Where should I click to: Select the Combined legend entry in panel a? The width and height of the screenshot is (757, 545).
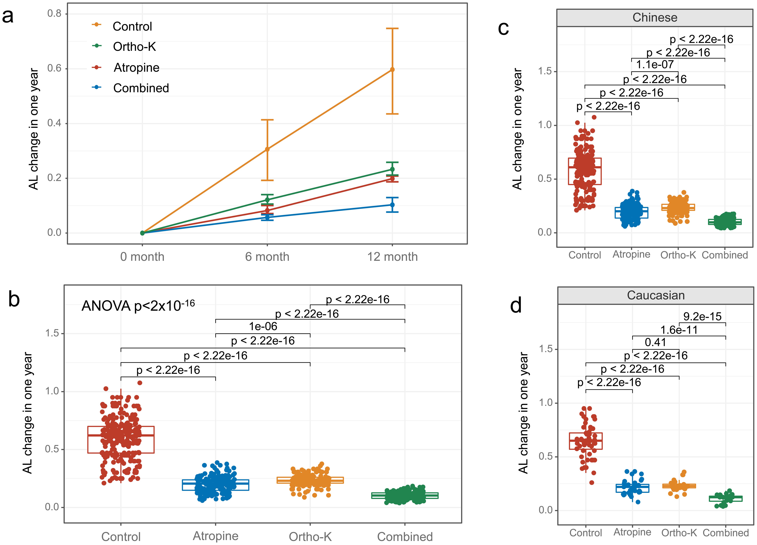coord(141,88)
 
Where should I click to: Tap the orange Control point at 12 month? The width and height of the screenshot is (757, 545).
coord(392,70)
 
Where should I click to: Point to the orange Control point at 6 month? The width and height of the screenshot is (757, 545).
coord(267,149)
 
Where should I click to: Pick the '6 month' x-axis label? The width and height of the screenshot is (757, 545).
coord(267,257)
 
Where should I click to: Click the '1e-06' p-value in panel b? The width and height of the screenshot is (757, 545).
coord(263,326)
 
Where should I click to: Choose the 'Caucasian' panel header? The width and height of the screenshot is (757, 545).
coord(655,295)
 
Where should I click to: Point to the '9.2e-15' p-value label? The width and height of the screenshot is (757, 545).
coord(702,316)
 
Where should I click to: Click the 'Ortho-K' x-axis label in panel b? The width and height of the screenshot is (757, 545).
coord(310,537)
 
